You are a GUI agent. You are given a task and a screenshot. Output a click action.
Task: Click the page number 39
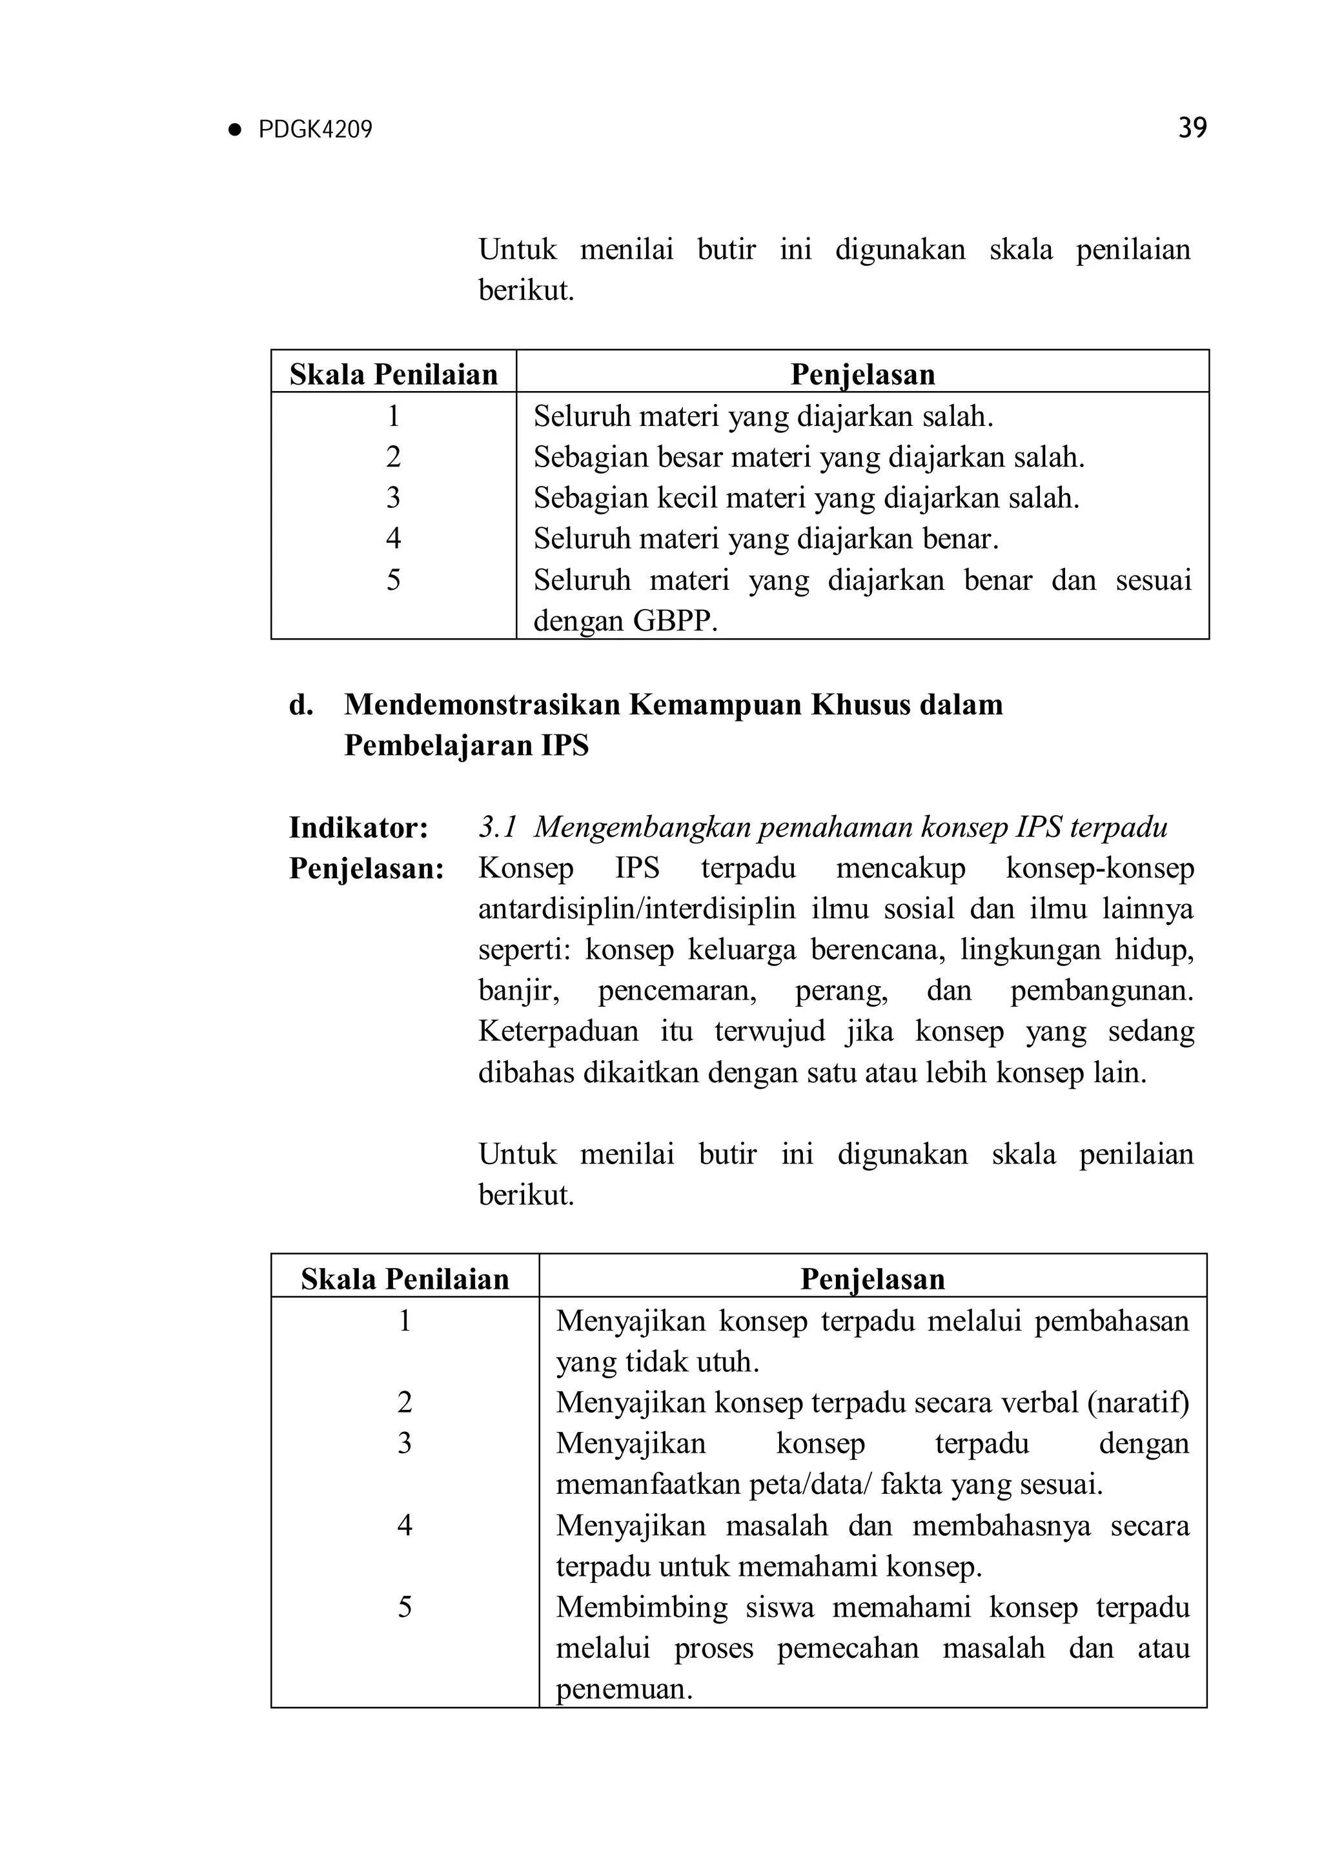coord(1192,128)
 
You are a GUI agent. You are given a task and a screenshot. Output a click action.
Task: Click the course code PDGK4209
coord(315,130)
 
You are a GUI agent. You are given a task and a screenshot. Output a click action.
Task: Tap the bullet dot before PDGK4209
coord(236,130)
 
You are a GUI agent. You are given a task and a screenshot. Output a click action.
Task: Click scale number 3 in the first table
coord(393,498)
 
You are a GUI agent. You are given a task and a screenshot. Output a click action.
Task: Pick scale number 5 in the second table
coord(405,1607)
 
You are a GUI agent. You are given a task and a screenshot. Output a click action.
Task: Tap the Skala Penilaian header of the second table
coord(405,1278)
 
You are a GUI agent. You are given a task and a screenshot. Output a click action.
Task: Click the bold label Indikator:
coord(358,827)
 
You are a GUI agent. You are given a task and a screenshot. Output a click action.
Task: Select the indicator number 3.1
coord(498,827)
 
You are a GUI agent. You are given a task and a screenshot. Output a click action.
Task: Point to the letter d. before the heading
coord(300,705)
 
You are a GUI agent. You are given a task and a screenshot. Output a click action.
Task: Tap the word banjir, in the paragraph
coord(518,991)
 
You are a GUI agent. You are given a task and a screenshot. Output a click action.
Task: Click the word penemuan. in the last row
coord(624,1689)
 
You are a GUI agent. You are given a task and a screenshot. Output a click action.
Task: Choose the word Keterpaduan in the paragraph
coord(558,1031)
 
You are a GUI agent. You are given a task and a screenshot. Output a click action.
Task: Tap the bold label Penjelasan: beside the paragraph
coord(366,869)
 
